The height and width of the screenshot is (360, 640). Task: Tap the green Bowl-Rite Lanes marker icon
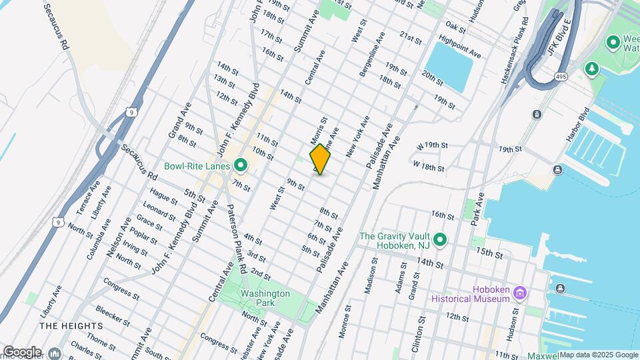click(x=241, y=166)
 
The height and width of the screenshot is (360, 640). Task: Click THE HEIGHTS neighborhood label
click(x=71, y=326)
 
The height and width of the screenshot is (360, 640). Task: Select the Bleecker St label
click(x=111, y=315)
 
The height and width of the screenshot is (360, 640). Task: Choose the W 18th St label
click(x=429, y=166)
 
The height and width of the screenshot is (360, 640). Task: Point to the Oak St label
click(x=455, y=27)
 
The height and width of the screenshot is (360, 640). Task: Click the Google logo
click(x=21, y=351)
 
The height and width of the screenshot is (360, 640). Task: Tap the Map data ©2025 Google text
click(x=598, y=355)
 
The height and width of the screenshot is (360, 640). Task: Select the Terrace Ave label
click(x=87, y=197)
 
